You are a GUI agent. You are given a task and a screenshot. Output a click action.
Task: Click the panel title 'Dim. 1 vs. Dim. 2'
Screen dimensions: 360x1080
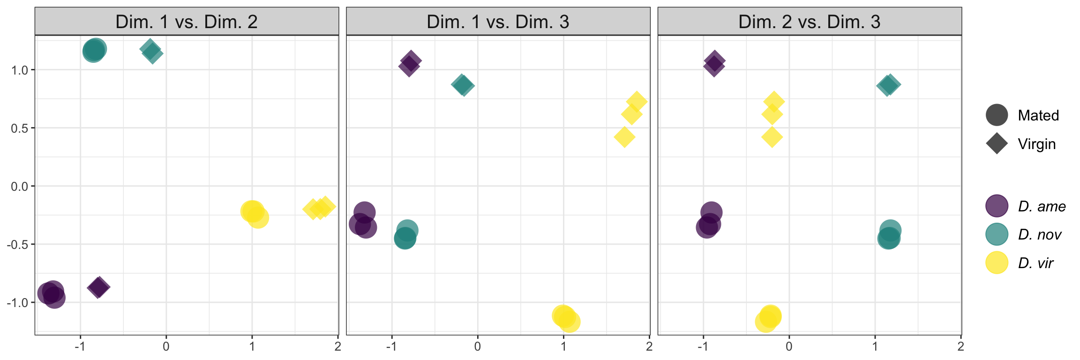[187, 22]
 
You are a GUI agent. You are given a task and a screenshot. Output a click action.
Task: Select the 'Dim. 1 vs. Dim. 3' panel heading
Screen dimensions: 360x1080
[498, 22]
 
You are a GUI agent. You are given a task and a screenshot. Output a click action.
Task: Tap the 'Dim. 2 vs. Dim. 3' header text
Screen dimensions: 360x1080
[810, 22]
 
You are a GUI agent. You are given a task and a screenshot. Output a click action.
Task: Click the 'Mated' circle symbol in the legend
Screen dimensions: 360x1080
[997, 115]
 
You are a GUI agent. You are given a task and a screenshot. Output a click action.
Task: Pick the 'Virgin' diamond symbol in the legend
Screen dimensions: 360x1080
[997, 144]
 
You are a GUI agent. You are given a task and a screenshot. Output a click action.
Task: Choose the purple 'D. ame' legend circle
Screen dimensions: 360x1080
[997, 206]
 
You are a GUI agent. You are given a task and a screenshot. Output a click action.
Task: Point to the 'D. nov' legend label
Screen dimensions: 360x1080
[1040, 234]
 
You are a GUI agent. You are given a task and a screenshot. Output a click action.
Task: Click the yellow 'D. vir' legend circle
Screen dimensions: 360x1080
[997, 263]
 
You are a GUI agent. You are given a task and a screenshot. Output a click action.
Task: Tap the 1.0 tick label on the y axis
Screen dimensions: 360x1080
[20, 70]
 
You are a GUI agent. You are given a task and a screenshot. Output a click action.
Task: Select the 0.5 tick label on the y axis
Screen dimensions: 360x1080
[20, 128]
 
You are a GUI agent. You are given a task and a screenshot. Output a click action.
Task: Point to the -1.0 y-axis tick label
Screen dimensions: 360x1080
[18, 302]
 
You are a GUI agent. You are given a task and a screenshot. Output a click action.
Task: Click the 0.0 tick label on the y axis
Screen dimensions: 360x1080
[20, 186]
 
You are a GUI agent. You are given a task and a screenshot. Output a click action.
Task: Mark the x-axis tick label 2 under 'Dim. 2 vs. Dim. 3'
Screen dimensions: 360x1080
[960, 347]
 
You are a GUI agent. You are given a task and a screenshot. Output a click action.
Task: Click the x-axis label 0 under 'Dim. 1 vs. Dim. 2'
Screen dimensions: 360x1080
[166, 347]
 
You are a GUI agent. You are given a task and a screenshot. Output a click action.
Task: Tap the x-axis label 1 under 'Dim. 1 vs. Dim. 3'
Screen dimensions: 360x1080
[563, 347]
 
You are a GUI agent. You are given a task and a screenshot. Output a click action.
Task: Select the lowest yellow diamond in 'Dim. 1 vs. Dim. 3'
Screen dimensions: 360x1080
[624, 137]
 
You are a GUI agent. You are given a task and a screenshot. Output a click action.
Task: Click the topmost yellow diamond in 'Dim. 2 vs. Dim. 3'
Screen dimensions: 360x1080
[774, 101]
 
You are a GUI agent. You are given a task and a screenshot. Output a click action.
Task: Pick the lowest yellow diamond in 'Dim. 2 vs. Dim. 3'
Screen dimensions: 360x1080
[772, 137]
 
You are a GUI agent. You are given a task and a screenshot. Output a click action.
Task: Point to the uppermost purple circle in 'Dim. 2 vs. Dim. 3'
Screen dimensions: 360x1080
[711, 212]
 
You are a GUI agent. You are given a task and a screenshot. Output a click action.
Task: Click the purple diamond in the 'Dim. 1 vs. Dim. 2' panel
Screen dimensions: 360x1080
[98, 287]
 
